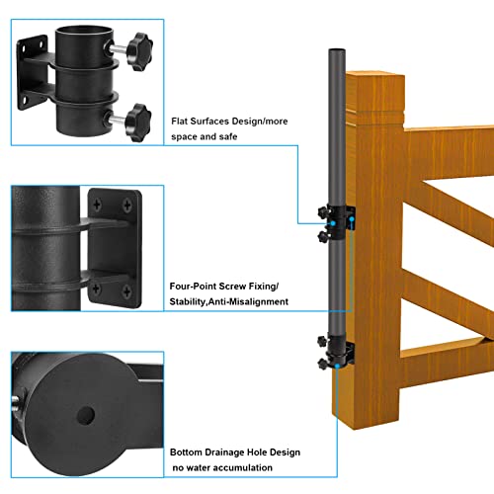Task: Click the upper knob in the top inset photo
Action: coord(140,51)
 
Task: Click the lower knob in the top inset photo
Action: coord(138,122)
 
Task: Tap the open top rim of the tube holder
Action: coord(84,33)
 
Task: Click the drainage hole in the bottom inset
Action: coord(86,416)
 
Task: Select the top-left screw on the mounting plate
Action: coord(97,205)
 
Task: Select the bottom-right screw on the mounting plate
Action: coord(126,291)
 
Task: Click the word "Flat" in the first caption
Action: coord(180,122)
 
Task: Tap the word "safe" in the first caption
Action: coord(228,136)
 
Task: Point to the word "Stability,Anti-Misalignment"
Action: coord(229,301)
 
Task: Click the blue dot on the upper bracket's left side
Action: coord(333,223)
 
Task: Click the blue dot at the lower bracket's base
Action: coord(337,366)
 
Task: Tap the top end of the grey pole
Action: coord(337,50)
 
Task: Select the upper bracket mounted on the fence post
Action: coord(337,223)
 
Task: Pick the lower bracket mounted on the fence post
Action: coord(336,353)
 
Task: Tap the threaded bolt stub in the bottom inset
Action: coord(15,404)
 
